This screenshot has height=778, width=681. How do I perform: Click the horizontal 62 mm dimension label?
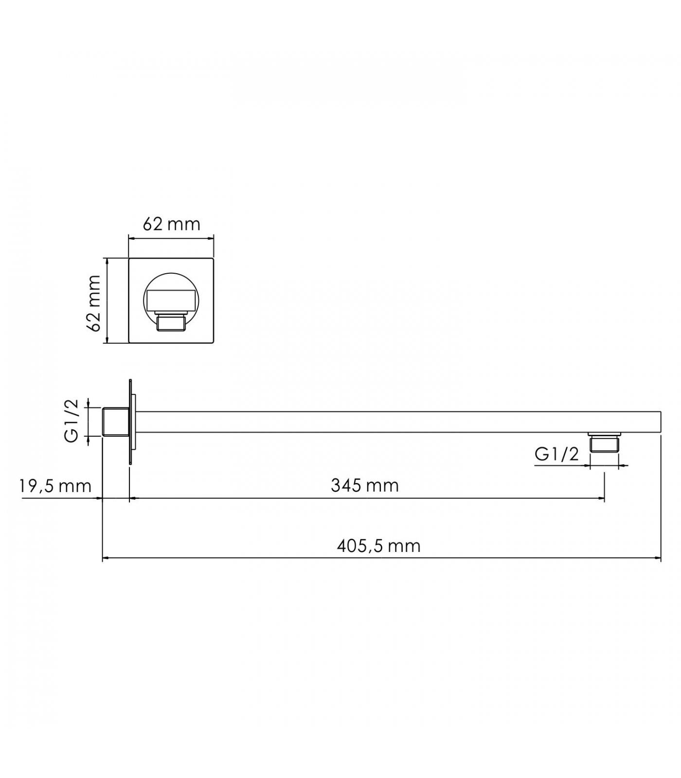[x=171, y=224]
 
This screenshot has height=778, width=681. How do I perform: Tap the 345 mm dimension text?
[x=365, y=485]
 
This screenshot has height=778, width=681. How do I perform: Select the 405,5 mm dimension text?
[x=378, y=546]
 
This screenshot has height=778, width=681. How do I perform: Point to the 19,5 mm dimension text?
[x=55, y=486]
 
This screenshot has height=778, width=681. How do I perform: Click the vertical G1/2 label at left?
[x=71, y=421]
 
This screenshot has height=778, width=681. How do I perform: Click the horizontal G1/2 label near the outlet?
[x=557, y=454]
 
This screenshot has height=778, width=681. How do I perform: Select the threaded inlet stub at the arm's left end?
[x=116, y=422]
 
